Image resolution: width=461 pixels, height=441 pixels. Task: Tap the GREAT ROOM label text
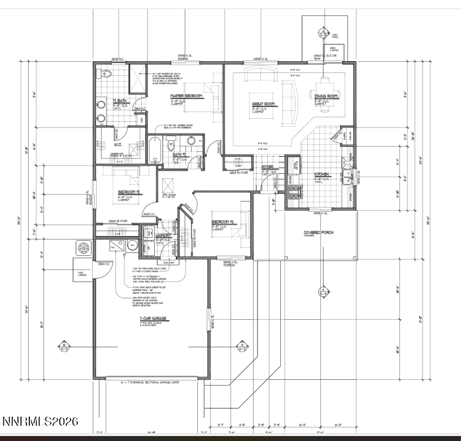point(263,104)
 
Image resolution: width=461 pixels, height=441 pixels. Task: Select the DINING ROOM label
point(326,96)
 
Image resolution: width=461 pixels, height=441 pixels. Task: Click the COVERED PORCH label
point(305,233)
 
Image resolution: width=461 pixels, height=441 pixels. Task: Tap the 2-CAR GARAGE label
point(153,319)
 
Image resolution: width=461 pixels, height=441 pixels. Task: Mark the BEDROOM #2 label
point(129,192)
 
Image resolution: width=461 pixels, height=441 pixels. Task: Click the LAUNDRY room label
point(164,234)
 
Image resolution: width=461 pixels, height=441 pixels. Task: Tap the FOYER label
point(267,168)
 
